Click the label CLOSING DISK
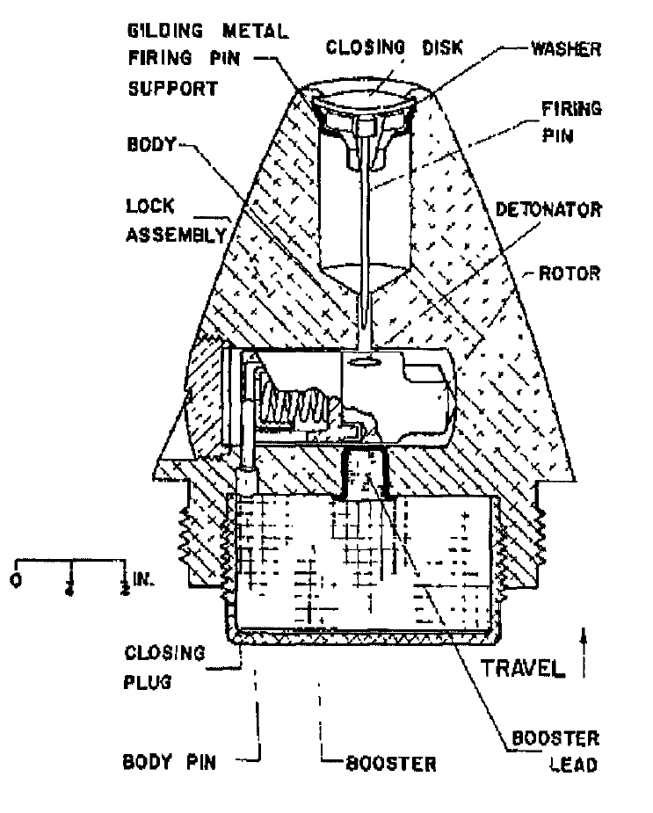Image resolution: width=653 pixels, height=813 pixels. (395, 47)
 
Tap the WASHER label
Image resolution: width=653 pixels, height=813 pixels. (566, 49)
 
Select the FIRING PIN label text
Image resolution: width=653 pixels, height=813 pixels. (571, 122)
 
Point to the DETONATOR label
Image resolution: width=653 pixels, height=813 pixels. (548, 209)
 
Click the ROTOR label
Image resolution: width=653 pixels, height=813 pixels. (570, 273)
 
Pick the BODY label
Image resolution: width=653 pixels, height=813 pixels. (151, 144)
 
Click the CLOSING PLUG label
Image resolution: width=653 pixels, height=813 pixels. (164, 667)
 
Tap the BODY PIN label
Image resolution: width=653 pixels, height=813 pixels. (169, 762)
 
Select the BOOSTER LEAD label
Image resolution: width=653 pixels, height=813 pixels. (555, 751)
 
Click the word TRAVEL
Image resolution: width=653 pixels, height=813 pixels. (522, 668)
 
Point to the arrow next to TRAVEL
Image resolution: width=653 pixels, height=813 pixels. (584, 653)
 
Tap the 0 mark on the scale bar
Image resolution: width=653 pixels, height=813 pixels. (16, 580)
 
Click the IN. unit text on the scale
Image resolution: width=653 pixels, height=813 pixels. (144, 578)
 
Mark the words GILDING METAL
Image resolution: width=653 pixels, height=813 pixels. (208, 31)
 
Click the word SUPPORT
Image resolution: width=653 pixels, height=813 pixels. (173, 89)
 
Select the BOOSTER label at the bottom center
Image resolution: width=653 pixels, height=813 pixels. (391, 764)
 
